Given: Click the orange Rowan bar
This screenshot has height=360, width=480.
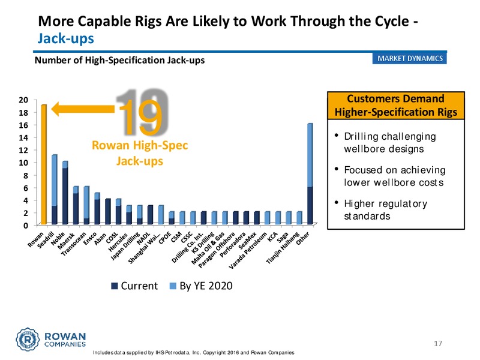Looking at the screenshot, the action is coord(44,164).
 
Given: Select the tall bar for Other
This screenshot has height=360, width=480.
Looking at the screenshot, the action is coord(310,174).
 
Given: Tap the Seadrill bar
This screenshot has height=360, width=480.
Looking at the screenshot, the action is coord(54,190).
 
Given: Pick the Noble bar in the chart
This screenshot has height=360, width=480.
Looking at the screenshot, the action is coord(65,193).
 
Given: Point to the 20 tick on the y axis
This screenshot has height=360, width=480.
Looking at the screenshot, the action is coord(23,100).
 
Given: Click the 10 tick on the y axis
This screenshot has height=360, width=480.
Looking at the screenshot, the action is coord(23,163).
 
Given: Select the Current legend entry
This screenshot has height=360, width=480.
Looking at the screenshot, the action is coord(134,286).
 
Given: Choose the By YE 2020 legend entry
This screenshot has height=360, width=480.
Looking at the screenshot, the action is coord(201,286).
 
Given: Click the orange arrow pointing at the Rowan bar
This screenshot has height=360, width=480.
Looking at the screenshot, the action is coord(83,109).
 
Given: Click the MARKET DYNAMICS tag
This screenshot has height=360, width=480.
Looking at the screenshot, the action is coord(410,58).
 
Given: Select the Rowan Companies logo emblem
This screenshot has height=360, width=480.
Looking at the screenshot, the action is coord(28,339).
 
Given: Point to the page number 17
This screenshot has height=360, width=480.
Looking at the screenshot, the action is coord(438,343).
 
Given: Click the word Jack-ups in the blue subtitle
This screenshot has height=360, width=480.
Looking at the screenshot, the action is coord(66,39).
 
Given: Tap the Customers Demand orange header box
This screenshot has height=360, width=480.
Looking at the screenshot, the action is coord(396,106).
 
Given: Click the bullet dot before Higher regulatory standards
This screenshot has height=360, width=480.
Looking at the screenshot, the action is coord(337,202).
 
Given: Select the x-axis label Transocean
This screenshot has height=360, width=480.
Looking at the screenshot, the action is coord(74,244).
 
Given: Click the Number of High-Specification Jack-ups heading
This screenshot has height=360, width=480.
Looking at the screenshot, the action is coord(119,61).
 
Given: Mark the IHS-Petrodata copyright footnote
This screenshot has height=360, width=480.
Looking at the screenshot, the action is coord(194,353).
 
